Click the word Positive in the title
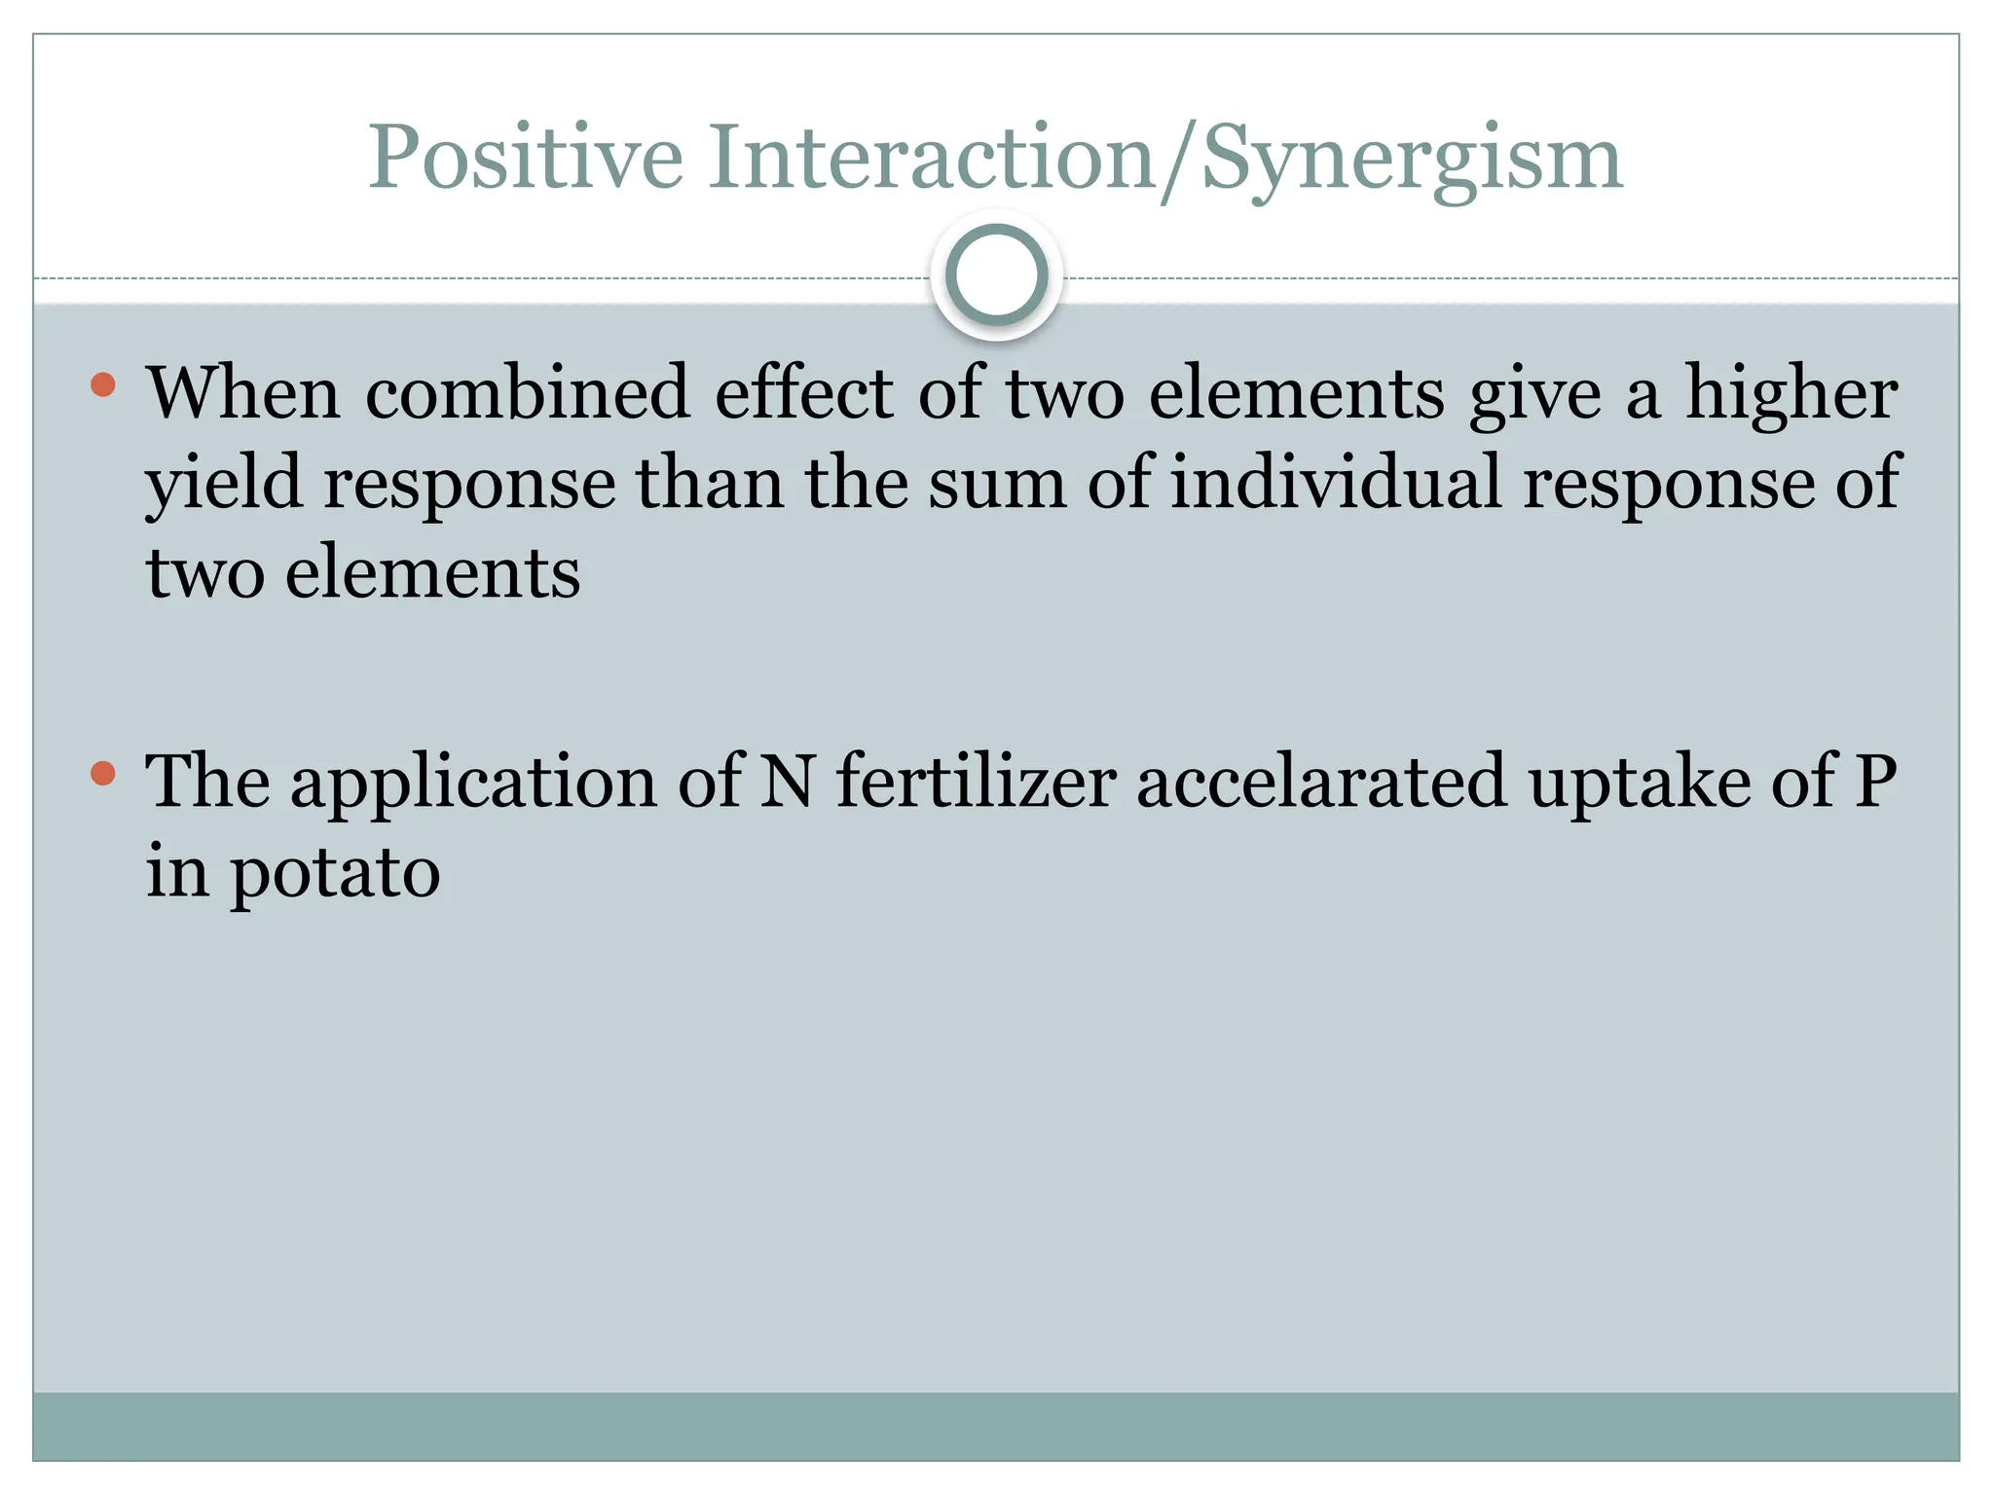point(526,158)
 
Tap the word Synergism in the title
point(1412,158)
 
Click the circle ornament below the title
point(996,275)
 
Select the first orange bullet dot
point(103,385)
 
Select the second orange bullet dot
point(103,775)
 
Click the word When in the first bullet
point(243,393)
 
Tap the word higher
point(1791,393)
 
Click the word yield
point(224,484)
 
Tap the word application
point(474,783)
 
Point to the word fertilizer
point(977,783)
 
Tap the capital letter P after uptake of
point(1875,783)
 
